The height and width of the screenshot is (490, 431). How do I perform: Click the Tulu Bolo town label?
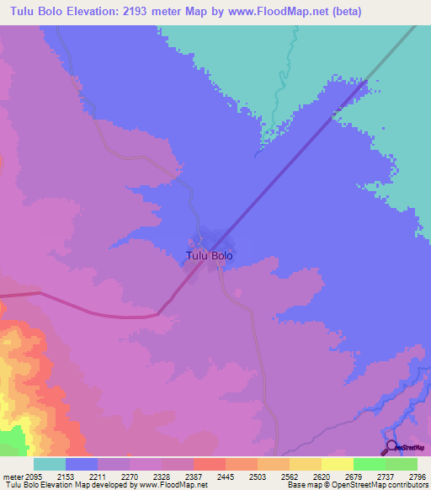(209, 255)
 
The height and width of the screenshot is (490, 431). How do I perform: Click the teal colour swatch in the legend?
(50, 464)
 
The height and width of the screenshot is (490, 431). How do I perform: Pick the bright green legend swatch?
(369, 464)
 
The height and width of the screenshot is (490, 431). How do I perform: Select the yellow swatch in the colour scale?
(337, 464)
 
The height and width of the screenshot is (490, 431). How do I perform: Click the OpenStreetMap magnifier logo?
(391, 446)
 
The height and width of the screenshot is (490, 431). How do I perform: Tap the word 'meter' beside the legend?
(12, 477)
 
